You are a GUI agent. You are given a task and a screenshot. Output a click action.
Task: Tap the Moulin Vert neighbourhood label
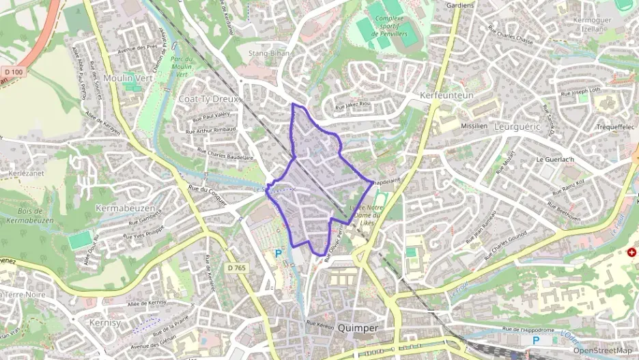[x=128, y=79]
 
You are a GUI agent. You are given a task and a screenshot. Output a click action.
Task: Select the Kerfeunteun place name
[x=447, y=96]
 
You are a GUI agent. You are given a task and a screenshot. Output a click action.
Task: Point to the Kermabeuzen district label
[x=126, y=207]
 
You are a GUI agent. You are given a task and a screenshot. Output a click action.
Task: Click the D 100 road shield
[x=13, y=72]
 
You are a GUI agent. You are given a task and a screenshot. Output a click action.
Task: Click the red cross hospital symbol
[x=631, y=253]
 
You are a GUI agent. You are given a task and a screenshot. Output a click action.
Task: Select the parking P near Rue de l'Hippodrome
[x=536, y=340]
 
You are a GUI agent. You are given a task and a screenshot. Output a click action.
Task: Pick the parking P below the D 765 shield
[x=278, y=253]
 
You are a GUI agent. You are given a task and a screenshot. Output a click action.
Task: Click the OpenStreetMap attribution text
[x=602, y=350]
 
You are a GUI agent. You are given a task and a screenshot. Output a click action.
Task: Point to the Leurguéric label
[x=517, y=127]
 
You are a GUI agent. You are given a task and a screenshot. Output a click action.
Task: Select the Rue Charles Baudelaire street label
[x=221, y=155]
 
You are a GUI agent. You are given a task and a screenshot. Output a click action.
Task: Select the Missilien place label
[x=474, y=126]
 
